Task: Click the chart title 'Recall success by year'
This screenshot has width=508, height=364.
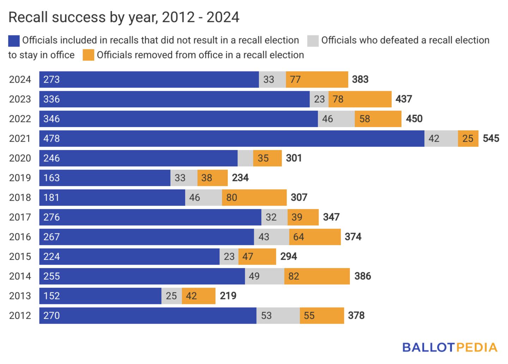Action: pyautogui.click(x=123, y=17)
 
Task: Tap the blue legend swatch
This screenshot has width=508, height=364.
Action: pyautogui.click(x=14, y=41)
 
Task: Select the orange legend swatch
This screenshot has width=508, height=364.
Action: pyautogui.click(x=89, y=55)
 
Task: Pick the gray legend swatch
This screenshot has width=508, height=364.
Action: pyautogui.click(x=313, y=41)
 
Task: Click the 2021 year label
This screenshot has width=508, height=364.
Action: pyautogui.click(x=20, y=138)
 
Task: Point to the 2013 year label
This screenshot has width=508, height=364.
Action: pyautogui.click(x=20, y=296)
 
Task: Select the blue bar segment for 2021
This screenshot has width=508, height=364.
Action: pyautogui.click(x=231, y=138)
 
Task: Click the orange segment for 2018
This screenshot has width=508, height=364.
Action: pyautogui.click(x=254, y=197)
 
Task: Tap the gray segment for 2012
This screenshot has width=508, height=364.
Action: pyautogui.click(x=278, y=315)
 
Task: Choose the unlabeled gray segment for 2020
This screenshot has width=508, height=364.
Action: pyautogui.click(x=245, y=158)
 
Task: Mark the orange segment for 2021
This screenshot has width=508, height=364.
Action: pyautogui.click(x=468, y=138)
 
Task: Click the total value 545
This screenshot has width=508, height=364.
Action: pyautogui.click(x=491, y=138)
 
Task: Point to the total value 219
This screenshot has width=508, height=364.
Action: pyautogui.click(x=228, y=296)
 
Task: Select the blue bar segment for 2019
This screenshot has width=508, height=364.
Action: pyautogui.click(x=105, y=178)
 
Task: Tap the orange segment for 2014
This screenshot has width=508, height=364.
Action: pyautogui.click(x=317, y=276)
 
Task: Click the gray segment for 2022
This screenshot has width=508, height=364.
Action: pyautogui.click(x=336, y=119)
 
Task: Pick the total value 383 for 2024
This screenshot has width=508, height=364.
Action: pyautogui.click(x=360, y=79)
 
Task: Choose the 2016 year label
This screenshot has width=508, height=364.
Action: pyautogui.click(x=20, y=237)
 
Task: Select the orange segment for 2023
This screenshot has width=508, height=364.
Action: pyautogui.click(x=360, y=99)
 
